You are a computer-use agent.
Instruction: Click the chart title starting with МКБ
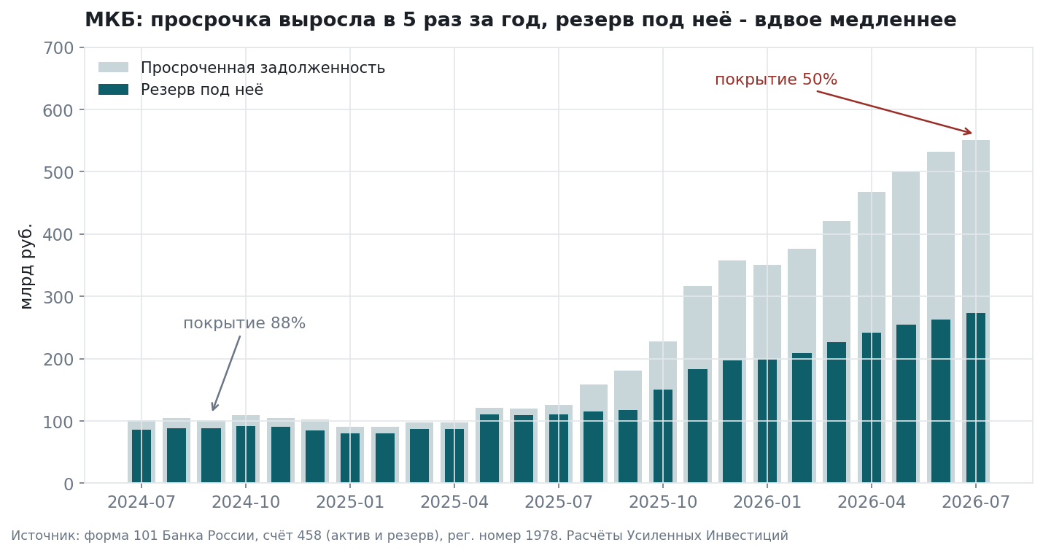(521, 20)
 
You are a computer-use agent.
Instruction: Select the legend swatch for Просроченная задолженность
(113, 68)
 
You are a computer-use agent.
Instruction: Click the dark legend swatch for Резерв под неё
(113, 90)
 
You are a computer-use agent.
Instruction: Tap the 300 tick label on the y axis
(58, 297)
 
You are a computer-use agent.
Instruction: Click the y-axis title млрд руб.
(26, 266)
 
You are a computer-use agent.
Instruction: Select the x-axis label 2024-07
(141, 502)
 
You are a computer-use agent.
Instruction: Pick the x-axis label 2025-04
(454, 502)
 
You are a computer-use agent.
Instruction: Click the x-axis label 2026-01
(767, 502)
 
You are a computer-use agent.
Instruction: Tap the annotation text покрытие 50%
(776, 80)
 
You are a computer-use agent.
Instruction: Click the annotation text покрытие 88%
(244, 323)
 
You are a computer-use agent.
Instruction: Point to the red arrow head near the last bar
(968, 132)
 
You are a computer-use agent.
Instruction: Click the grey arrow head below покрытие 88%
(214, 406)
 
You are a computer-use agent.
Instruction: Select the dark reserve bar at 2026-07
(976, 398)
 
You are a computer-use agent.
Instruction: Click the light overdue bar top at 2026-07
(976, 141)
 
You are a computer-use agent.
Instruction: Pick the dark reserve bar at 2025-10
(663, 436)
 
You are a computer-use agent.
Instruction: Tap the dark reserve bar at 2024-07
(141, 456)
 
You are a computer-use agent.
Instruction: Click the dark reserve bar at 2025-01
(350, 458)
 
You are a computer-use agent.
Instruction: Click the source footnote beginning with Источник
(400, 535)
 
